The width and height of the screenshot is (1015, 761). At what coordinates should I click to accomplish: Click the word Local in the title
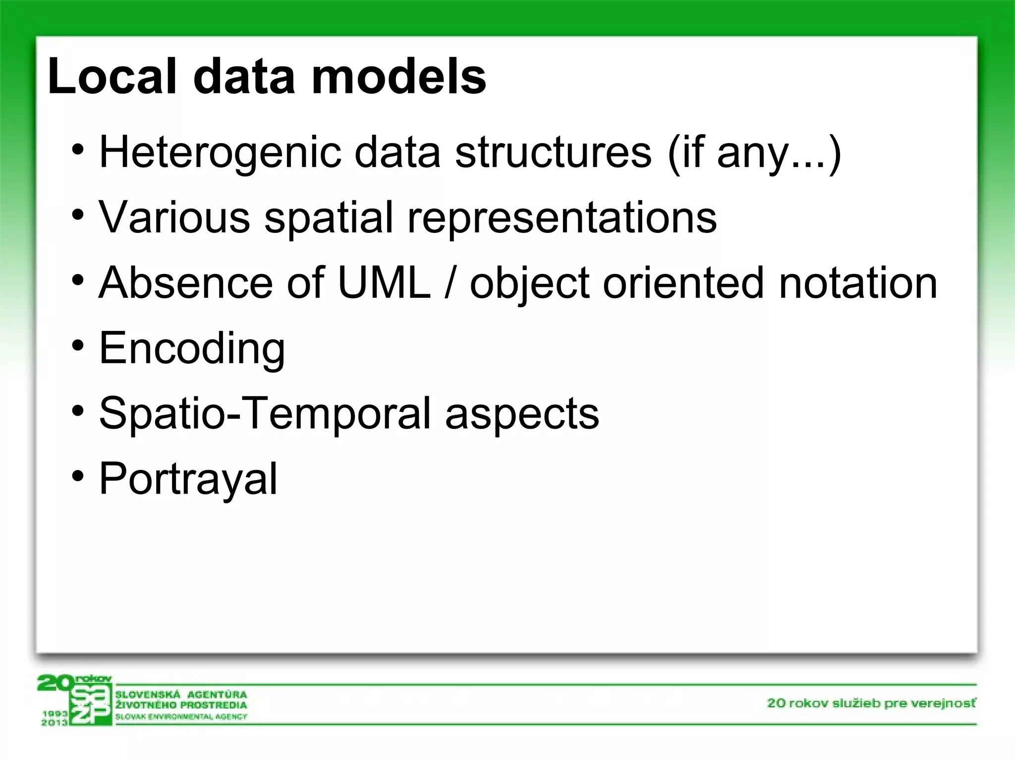[x=112, y=77]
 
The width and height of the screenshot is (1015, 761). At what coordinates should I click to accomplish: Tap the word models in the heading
[x=399, y=77]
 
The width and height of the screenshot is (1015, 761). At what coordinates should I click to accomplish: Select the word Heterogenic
[x=220, y=152]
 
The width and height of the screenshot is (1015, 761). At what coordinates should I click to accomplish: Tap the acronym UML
[x=384, y=283]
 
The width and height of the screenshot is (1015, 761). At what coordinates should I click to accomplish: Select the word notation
[x=857, y=283]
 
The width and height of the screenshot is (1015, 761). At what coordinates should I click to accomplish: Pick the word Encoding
[x=192, y=349]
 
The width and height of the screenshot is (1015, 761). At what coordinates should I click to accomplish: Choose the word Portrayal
[x=188, y=479]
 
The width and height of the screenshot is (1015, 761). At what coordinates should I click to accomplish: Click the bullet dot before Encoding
[x=78, y=346]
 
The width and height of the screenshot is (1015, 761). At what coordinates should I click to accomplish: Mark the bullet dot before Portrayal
[x=78, y=477]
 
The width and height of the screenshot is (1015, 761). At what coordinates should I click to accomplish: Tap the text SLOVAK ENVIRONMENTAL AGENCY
[x=181, y=717]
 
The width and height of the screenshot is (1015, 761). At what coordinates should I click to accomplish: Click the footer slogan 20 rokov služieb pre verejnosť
[x=871, y=703]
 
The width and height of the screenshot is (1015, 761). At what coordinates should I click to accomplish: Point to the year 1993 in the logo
[x=55, y=713]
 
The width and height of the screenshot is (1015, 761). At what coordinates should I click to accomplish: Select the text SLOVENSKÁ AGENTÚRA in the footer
[x=181, y=694]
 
